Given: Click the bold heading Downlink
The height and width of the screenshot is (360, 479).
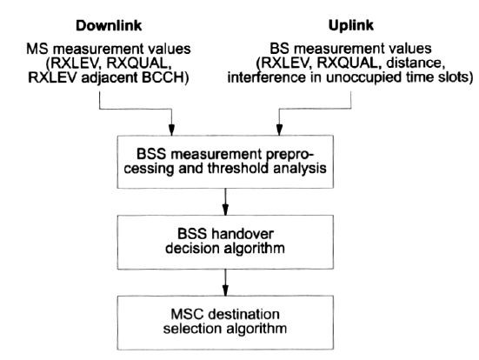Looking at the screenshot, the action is (x=109, y=25).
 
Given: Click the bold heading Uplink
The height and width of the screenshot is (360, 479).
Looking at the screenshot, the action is (x=350, y=25).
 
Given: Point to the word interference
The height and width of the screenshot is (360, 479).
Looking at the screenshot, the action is (x=266, y=77).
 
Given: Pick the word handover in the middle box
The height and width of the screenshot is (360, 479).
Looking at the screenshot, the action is (x=243, y=234).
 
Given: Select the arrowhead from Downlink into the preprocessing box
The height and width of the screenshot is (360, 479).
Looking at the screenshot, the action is (x=171, y=130).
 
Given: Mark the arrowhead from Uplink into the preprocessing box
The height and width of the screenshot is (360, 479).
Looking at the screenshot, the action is (x=279, y=130).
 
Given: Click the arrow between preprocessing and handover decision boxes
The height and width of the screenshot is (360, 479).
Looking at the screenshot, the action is (x=225, y=202).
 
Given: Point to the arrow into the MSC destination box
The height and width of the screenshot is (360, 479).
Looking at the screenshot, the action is (x=225, y=283).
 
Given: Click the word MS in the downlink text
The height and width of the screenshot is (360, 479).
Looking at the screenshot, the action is (x=35, y=49).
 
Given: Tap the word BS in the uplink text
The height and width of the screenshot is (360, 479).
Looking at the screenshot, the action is (x=277, y=49).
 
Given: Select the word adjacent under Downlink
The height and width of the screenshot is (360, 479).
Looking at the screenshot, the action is (x=110, y=78).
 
